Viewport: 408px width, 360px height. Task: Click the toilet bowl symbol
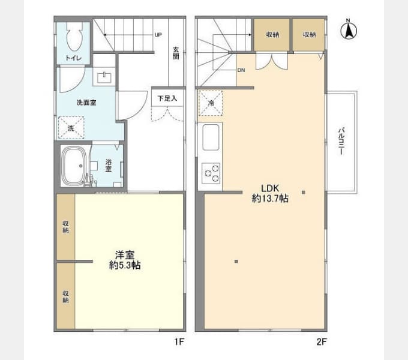tap(74, 37)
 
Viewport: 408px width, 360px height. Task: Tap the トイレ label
tap(73, 58)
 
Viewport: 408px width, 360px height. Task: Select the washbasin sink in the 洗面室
tap(104, 77)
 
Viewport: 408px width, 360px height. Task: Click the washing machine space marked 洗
tap(71, 128)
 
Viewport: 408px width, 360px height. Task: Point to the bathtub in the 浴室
tap(74, 166)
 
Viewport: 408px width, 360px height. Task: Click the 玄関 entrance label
tap(176, 53)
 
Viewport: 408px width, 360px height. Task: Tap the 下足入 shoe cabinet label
tap(167, 98)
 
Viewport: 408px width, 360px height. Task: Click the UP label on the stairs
tap(158, 35)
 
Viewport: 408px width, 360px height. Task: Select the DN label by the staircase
tap(241, 70)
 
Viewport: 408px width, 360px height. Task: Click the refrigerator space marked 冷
tap(211, 103)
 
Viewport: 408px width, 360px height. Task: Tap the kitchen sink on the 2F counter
tap(211, 137)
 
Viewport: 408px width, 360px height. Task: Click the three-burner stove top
tap(211, 173)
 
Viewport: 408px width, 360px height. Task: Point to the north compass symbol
tap(349, 31)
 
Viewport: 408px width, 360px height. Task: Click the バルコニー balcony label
tap(341, 141)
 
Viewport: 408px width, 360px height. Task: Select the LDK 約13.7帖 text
tap(270, 193)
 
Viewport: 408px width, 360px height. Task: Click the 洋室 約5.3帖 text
tap(125, 260)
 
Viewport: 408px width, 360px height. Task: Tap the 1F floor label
tap(179, 341)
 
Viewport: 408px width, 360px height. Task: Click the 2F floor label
tap(322, 341)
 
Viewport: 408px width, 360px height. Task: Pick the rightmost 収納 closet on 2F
tap(309, 35)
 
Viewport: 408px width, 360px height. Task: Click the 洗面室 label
tap(86, 103)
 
